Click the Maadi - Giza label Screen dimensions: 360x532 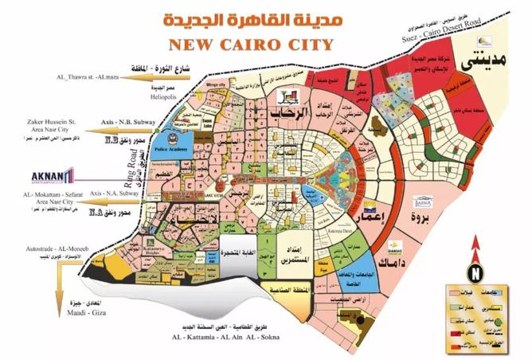click(x=42, y=325)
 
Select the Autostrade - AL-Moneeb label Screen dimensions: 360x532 click(x=53, y=248)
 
